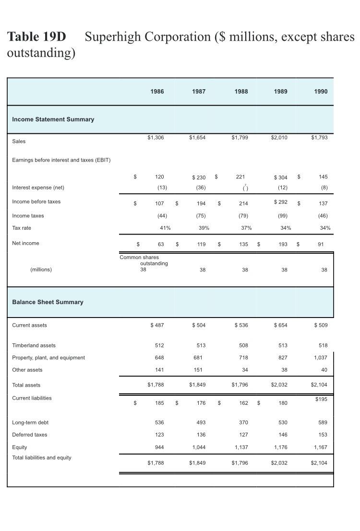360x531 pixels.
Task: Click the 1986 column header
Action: pyautogui.click(x=156, y=92)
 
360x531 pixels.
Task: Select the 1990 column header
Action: pyautogui.click(x=321, y=92)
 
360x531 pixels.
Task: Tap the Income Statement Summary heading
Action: pyautogui.click(x=53, y=119)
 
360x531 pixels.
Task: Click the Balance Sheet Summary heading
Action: pyautogui.click(x=48, y=302)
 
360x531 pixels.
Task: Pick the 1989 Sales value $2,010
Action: pyautogui.click(x=279, y=138)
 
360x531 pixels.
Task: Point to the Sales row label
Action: pyautogui.click(x=19, y=142)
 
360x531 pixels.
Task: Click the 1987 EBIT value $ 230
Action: pyautogui.click(x=198, y=177)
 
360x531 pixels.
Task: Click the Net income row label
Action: pyautogui.click(x=25, y=244)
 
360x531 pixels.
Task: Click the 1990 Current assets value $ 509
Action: pyautogui.click(x=320, y=326)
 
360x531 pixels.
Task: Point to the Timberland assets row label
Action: pyautogui.click(x=34, y=345)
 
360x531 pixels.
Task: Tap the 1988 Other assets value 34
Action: pyautogui.click(x=245, y=370)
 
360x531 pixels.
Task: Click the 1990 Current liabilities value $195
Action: pyautogui.click(x=321, y=399)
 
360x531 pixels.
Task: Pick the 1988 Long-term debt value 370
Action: pyautogui.click(x=243, y=423)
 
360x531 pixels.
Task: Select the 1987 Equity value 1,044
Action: pyautogui.click(x=198, y=447)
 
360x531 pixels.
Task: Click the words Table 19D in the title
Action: pyautogui.click(x=36, y=37)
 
